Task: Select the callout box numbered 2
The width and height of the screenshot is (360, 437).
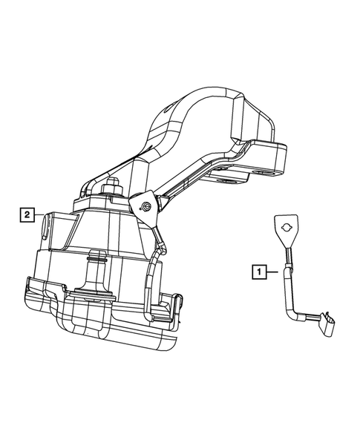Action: pyautogui.click(x=26, y=215)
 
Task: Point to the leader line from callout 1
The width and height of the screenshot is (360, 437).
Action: pyautogui.click(x=273, y=272)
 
